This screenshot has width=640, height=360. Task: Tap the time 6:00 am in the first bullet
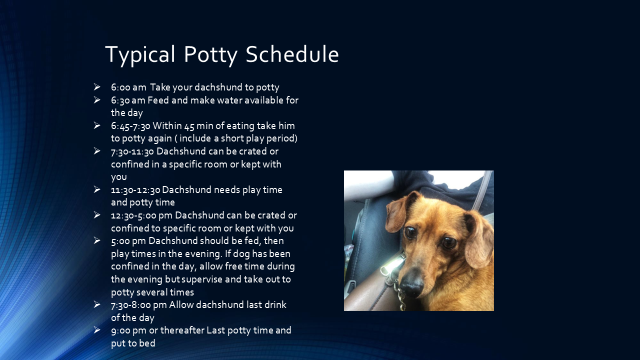coord(128,87)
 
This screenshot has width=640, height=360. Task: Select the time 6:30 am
coord(128,100)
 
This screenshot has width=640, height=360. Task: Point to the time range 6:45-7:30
coord(130,125)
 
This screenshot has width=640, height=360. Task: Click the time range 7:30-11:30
coord(132,151)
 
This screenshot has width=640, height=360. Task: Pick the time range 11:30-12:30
coord(135,189)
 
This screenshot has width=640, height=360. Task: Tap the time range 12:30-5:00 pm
coord(142,215)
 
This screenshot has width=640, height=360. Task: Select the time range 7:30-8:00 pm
coord(139,304)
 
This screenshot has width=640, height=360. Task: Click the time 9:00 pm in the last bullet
coord(128,330)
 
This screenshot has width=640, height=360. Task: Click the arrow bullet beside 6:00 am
coord(97,87)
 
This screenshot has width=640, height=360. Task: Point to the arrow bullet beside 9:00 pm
coord(97,329)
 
